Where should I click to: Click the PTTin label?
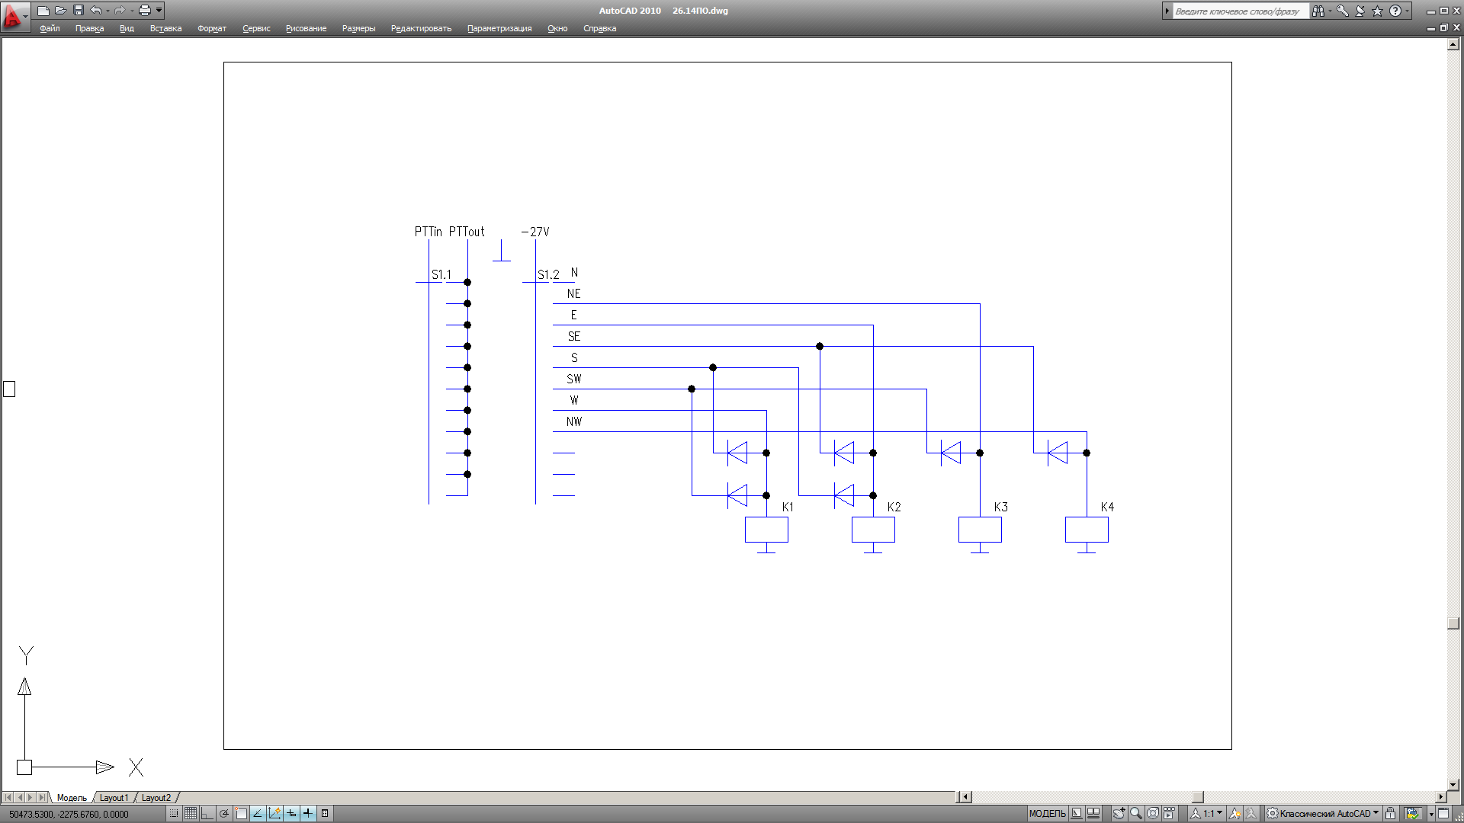pos(428,232)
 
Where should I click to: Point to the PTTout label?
pos(467,232)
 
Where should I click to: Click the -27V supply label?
pos(535,232)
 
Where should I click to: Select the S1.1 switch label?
pos(441,274)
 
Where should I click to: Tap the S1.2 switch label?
pos(548,274)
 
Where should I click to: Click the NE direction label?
pos(574,293)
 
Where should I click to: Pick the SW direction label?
pos(574,379)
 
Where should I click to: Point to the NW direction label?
pos(574,421)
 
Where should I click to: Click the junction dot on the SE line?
pos(820,346)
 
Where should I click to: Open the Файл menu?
pos(50,28)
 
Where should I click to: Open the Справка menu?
pos(599,28)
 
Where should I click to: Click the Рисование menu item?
pos(306,28)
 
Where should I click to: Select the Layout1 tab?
pos(114,798)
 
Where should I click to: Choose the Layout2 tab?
pos(156,798)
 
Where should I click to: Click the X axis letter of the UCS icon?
pos(136,767)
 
